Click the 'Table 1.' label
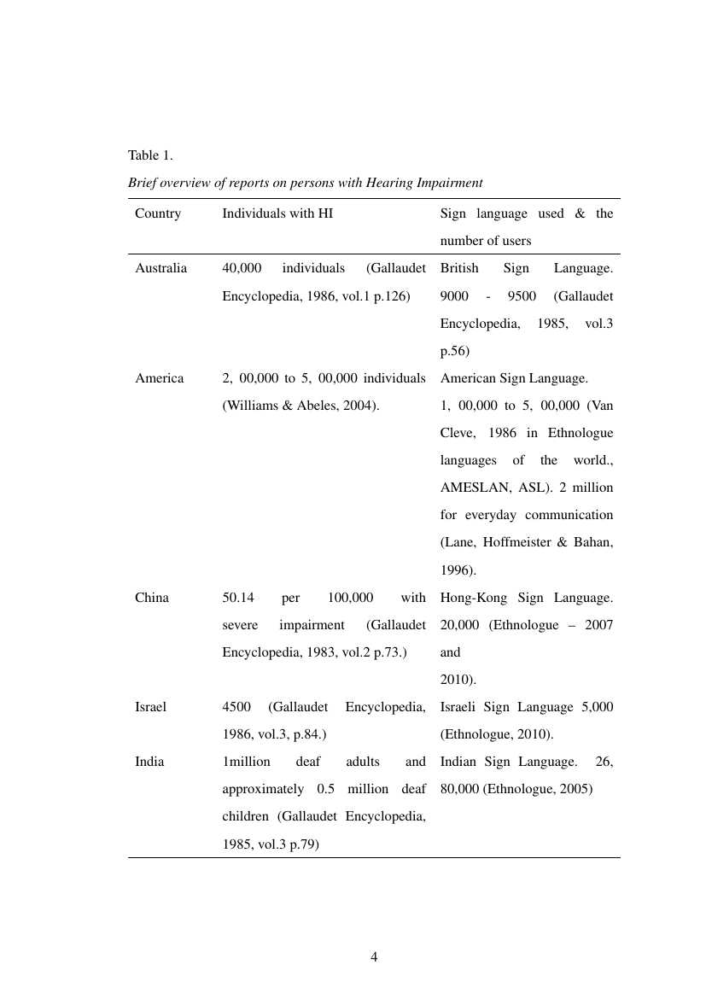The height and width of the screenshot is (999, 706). (150, 155)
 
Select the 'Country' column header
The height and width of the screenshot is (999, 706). (158, 213)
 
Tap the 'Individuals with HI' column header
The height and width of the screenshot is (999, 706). (277, 213)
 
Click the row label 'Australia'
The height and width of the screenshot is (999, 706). (160, 268)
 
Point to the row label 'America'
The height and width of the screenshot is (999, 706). (159, 378)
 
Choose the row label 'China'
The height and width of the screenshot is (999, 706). (152, 598)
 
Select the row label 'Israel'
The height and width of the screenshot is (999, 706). (150, 707)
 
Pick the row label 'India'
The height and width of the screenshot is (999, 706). (149, 762)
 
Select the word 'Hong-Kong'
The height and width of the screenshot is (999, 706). (468, 598)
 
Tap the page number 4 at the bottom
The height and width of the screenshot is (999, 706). (374, 956)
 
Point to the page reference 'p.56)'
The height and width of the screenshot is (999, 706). (456, 351)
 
